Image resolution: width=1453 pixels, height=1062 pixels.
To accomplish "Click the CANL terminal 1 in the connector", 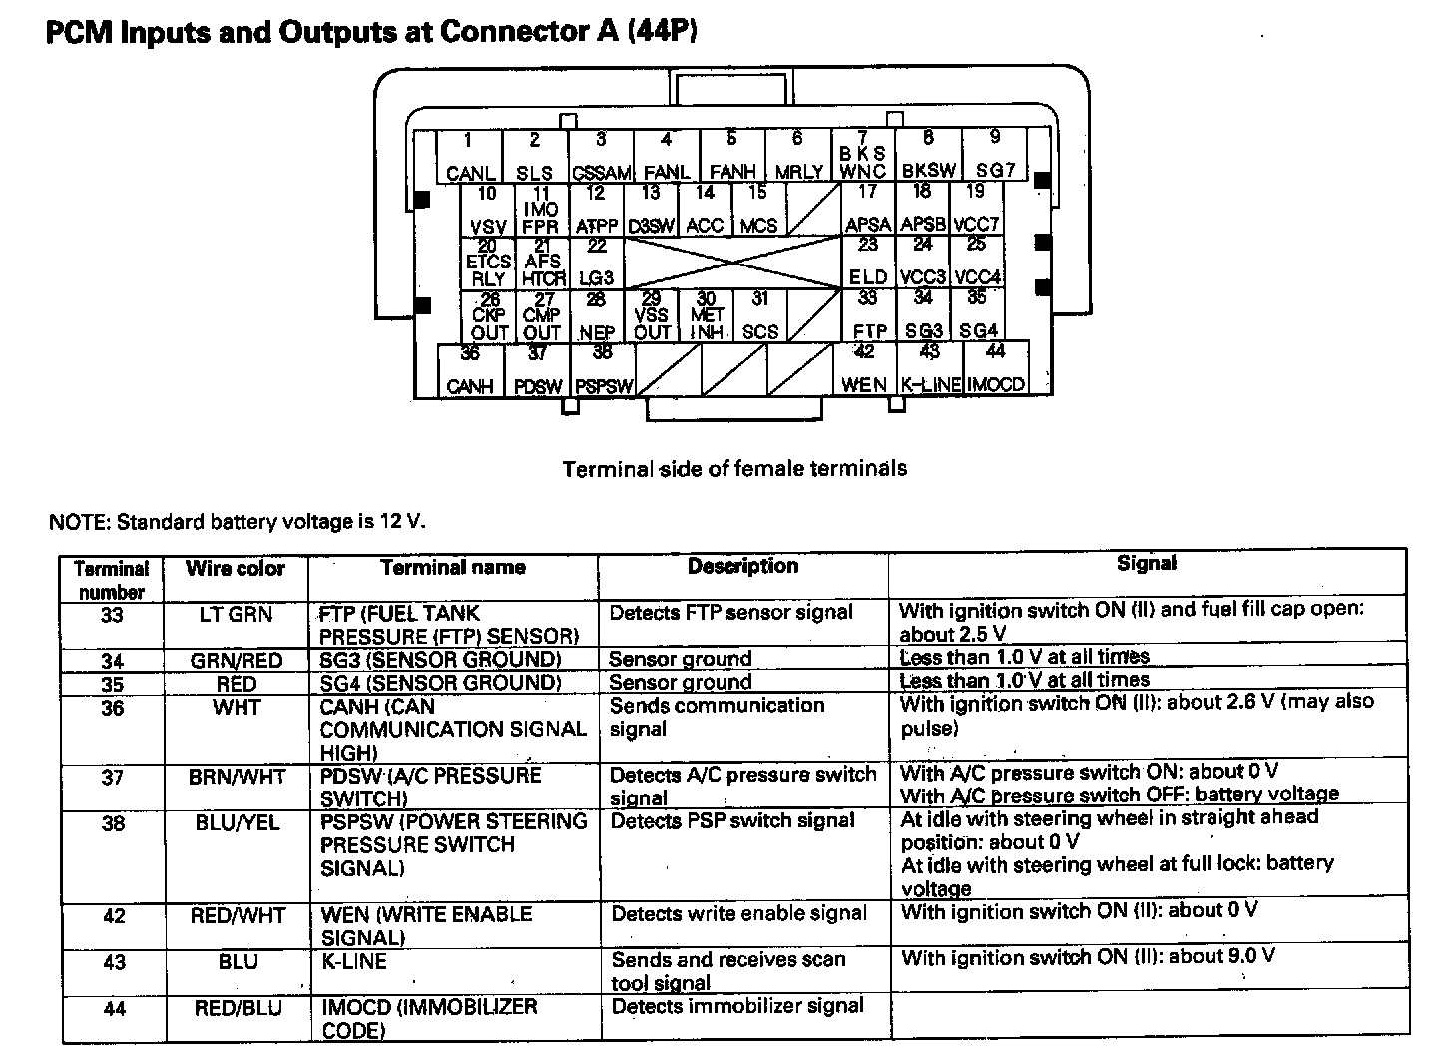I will (x=469, y=157).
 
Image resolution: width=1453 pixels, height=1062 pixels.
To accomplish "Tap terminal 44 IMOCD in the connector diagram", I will (x=996, y=368).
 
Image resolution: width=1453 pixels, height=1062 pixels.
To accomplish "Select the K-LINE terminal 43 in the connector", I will (x=930, y=368).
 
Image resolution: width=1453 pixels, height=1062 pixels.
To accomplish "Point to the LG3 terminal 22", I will (x=597, y=263).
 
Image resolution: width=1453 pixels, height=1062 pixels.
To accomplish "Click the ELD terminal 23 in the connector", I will (x=868, y=262).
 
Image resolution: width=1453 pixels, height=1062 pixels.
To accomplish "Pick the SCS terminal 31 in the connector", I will (x=760, y=315).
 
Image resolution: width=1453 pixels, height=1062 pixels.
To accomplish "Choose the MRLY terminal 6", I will (x=798, y=157).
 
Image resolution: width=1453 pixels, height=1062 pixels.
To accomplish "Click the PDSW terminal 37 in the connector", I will (x=538, y=369).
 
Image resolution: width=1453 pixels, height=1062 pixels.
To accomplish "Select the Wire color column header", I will (x=236, y=569).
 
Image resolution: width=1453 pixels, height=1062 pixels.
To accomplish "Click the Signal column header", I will (x=1147, y=564).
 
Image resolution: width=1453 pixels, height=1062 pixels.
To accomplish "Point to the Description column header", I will (x=743, y=566).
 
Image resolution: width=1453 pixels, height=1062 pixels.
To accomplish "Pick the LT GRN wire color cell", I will (x=236, y=615).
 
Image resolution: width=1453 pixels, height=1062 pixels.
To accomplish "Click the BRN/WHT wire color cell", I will (x=237, y=777).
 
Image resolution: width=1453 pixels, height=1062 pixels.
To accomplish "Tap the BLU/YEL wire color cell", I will (x=237, y=823).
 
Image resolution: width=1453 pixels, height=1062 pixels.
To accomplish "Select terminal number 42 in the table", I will (x=113, y=916).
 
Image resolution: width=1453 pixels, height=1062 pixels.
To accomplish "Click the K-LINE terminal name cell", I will (x=353, y=962).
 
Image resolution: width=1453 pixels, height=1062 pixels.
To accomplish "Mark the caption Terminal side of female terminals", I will (x=734, y=468).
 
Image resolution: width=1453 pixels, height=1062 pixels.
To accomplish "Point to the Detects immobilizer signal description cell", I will (x=737, y=1006).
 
